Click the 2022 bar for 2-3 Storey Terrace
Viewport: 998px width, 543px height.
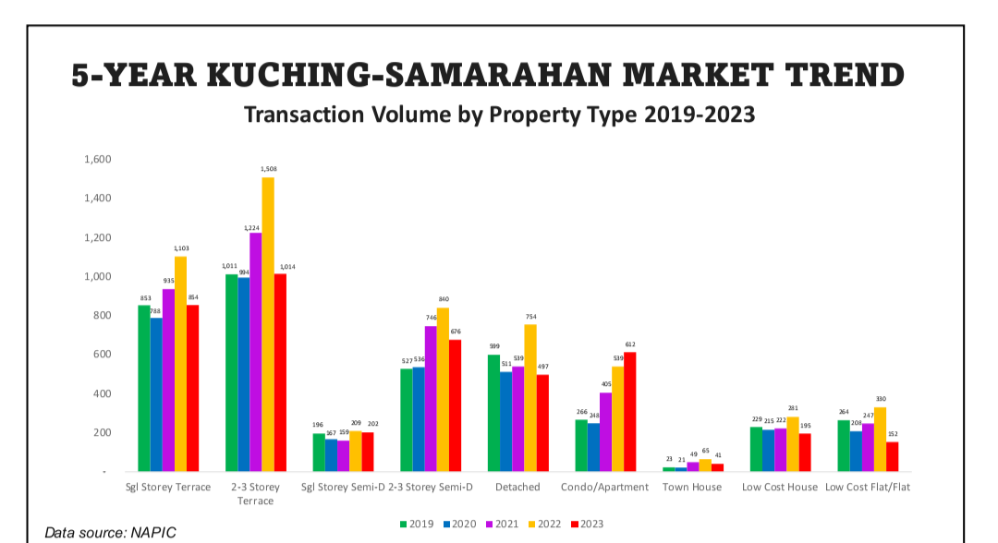pyautogui.click(x=268, y=323)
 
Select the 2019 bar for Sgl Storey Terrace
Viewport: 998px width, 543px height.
pyautogui.click(x=144, y=388)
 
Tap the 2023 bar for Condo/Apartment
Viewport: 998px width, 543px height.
pyautogui.click(x=630, y=412)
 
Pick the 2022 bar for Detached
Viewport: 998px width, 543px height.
pyautogui.click(x=530, y=397)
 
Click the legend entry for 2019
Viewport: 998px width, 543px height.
pyautogui.click(x=418, y=524)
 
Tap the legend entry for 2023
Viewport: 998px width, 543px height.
pyautogui.click(x=587, y=524)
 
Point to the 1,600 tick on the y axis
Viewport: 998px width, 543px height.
pyautogui.click(x=97, y=160)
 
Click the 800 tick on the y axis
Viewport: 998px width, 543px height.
pyautogui.click(x=101, y=316)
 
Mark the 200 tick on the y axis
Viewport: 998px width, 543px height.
pyautogui.click(x=101, y=433)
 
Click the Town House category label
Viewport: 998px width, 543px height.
pyautogui.click(x=692, y=487)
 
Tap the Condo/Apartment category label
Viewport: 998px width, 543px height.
pyautogui.click(x=599, y=487)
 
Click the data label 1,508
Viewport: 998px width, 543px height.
pyautogui.click(x=268, y=169)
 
